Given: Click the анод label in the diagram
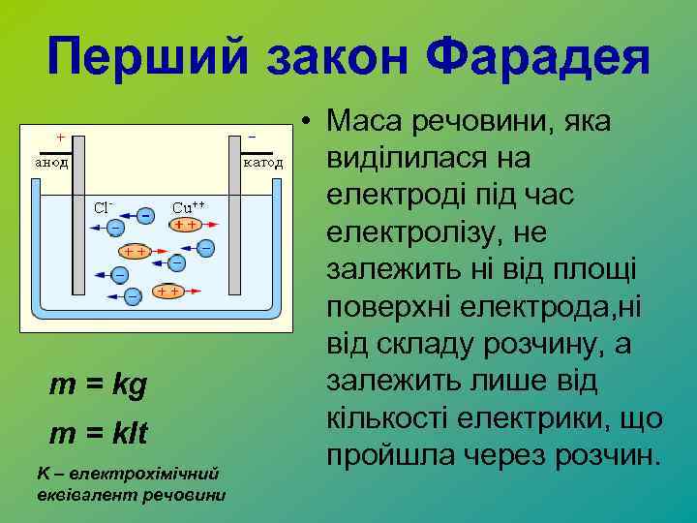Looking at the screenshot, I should [x=50, y=163].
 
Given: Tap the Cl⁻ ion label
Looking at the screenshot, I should [x=105, y=206].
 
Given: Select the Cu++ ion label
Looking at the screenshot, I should [x=188, y=206].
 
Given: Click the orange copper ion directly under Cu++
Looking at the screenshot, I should [x=186, y=225].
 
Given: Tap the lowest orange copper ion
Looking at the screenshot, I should [x=167, y=292].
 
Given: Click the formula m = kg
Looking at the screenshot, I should [x=98, y=385].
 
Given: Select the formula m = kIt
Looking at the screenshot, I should [x=99, y=433].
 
